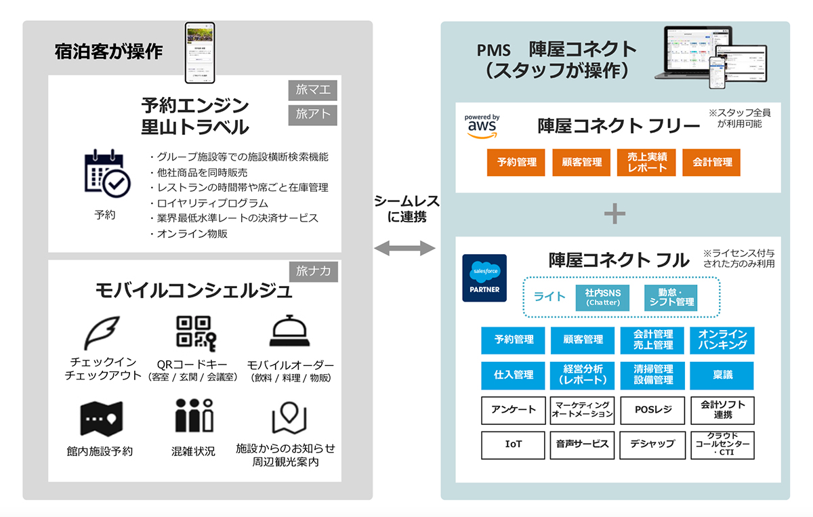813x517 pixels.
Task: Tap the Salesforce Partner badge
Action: pyautogui.click(x=484, y=278)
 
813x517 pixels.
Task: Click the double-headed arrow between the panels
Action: pyautogui.click(x=404, y=249)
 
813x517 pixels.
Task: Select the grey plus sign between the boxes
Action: pyautogui.click(x=615, y=214)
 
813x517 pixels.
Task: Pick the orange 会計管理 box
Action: pyautogui.click(x=712, y=163)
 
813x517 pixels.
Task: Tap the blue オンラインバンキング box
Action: pyautogui.click(x=722, y=340)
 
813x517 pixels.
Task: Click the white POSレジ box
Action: pyautogui.click(x=652, y=410)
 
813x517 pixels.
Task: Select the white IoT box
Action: pyautogui.click(x=514, y=444)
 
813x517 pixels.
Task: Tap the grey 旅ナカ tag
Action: pyautogui.click(x=314, y=271)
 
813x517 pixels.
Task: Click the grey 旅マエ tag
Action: pyautogui.click(x=313, y=89)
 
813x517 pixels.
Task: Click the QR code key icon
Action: pyautogui.click(x=196, y=333)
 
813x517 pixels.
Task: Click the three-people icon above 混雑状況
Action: pyautogui.click(x=194, y=415)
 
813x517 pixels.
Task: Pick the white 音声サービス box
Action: pyautogui.click(x=583, y=444)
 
